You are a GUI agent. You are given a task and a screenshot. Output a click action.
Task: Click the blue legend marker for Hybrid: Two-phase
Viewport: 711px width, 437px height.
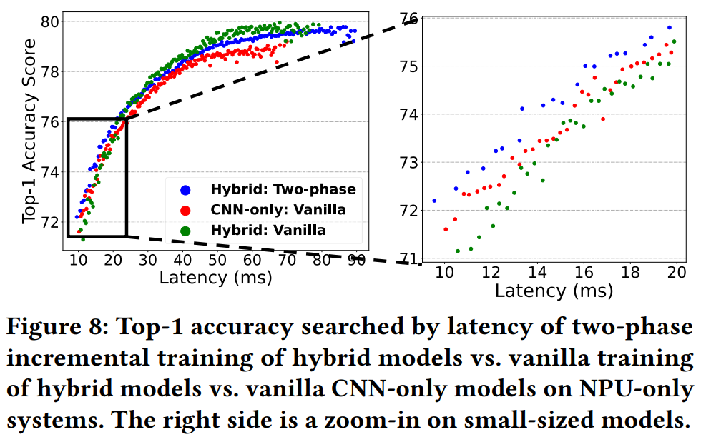186,190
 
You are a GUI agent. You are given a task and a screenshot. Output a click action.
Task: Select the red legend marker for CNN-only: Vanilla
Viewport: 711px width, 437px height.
186,211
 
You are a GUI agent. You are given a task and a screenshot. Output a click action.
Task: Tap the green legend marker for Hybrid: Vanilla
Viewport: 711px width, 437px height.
186,231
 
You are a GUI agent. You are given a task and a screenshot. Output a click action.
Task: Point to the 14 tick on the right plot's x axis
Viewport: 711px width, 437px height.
538,272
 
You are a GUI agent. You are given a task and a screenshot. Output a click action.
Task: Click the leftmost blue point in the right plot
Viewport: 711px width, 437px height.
434,201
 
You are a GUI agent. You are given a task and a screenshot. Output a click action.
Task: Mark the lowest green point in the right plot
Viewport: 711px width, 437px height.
458,251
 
